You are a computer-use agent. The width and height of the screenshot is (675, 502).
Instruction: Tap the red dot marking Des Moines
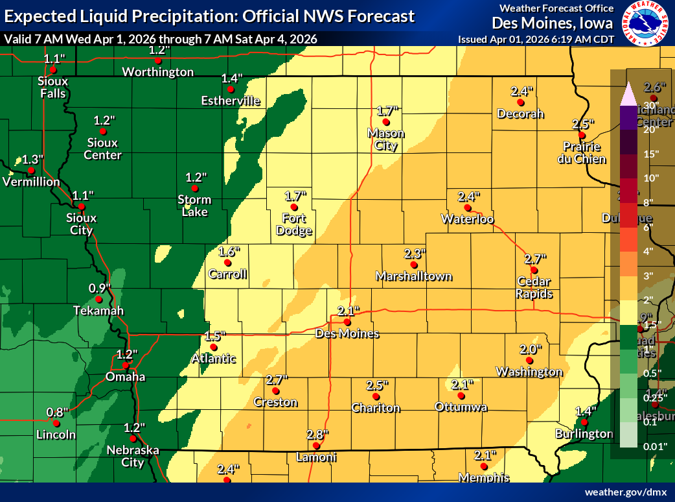347,322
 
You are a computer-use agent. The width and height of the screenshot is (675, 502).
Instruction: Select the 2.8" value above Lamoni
317,434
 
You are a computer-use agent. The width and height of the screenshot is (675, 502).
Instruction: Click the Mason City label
386,139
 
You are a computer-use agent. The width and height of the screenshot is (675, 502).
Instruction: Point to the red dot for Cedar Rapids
534,270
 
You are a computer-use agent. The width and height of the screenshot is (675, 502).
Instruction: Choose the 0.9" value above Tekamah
100,287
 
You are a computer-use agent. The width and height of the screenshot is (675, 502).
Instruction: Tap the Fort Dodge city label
294,224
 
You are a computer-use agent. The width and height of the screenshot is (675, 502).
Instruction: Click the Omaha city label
126,377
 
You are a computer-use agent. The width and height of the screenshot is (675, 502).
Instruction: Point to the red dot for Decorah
520,102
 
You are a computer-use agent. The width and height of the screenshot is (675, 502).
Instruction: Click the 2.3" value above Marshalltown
414,254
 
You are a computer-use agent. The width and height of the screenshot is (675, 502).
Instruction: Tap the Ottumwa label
461,407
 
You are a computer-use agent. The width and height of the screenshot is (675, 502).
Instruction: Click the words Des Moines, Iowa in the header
552,23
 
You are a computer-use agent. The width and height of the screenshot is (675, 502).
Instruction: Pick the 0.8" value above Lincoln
57,412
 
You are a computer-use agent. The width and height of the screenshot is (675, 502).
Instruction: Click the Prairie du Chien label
584,153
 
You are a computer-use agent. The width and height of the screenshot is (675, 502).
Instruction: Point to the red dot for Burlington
584,422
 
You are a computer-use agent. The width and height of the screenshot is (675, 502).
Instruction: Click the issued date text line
535,39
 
